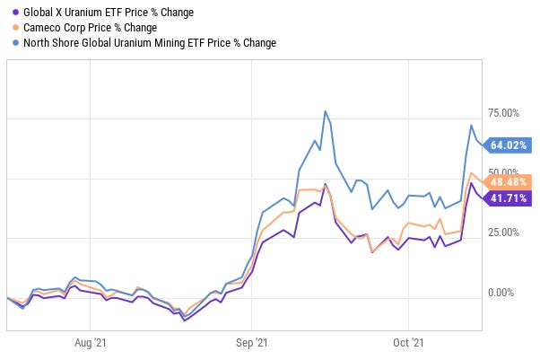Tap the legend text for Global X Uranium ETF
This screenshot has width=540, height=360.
click(109, 12)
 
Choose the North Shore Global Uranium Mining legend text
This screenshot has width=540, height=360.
click(148, 42)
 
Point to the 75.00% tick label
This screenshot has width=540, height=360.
click(501, 113)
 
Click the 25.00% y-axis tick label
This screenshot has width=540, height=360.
click(501, 233)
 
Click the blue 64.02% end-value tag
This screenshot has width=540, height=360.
click(510, 145)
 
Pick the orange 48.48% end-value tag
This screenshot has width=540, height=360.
click(510, 180)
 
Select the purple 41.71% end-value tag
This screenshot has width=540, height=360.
click(510, 198)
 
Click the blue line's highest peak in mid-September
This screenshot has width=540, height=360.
click(324, 111)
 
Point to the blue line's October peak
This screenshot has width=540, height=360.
click(472, 125)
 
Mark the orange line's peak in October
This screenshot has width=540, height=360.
click(472, 173)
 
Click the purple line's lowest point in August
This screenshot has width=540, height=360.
click(184, 320)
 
